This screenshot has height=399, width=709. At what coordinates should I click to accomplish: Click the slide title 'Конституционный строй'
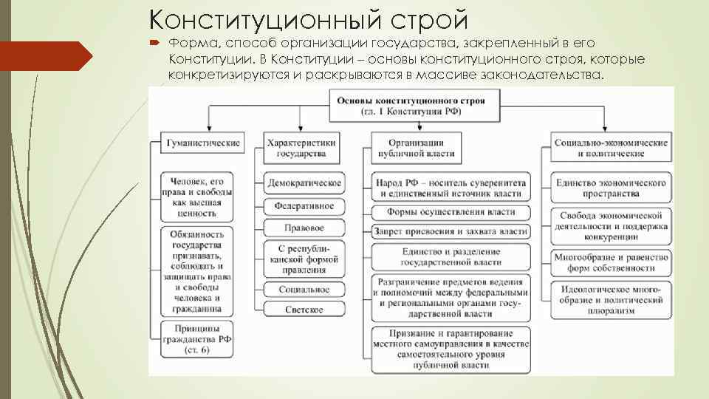point(308,19)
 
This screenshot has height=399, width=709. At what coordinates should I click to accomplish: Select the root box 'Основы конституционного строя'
point(411,106)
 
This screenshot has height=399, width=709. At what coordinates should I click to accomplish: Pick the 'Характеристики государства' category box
point(301,148)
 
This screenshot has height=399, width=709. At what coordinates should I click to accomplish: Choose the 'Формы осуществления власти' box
point(450,211)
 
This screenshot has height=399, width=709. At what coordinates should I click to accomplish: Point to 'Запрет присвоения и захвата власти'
point(450,231)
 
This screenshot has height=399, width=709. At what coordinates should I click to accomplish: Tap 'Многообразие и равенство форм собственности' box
point(609,262)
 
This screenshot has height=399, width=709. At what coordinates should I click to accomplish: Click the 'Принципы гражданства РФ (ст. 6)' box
point(196,334)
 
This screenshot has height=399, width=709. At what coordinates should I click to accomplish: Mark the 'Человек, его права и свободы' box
point(196,197)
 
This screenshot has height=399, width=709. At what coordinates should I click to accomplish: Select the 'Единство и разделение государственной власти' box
point(450,257)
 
